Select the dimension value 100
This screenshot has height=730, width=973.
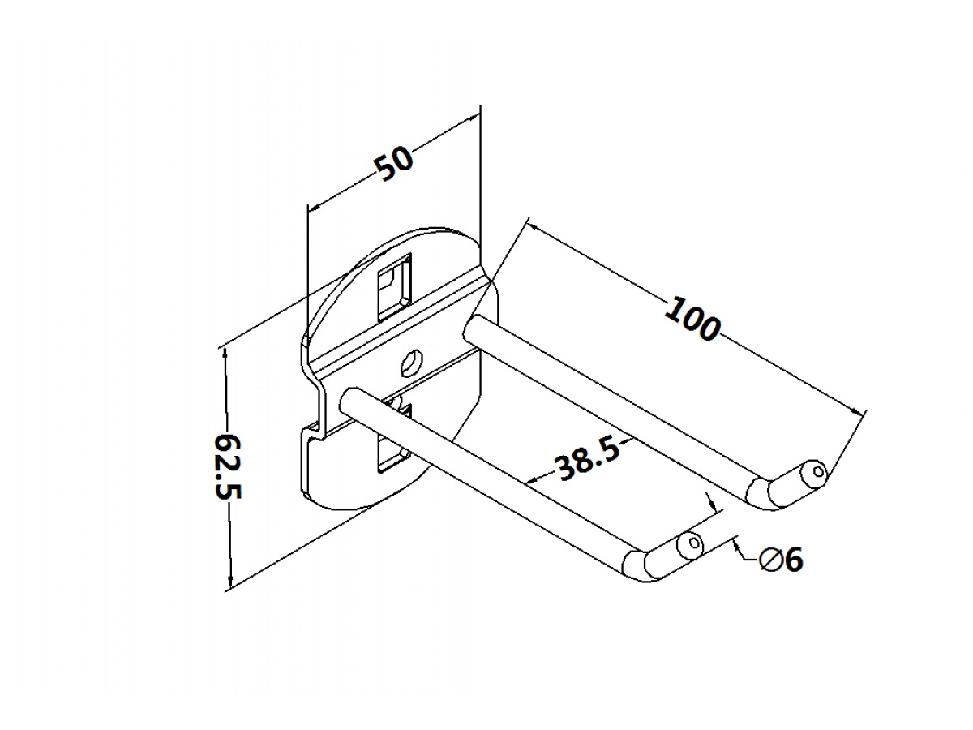(x=692, y=319)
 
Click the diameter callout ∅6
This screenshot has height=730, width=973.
(x=781, y=559)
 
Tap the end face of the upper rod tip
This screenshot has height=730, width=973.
(x=817, y=471)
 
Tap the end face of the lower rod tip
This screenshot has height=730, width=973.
(x=692, y=543)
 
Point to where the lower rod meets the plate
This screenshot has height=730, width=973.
(x=350, y=399)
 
